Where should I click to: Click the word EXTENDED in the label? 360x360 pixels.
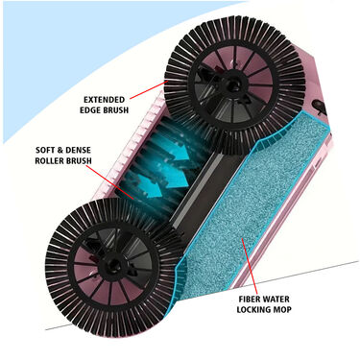[105, 100]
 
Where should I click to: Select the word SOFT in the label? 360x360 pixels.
[46, 150]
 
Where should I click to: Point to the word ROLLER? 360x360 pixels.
[49, 160]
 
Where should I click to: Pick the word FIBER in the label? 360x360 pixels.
[250, 300]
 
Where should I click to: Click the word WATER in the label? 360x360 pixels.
[276, 300]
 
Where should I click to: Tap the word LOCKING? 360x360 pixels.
[254, 310]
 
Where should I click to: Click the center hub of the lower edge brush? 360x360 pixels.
[111, 264]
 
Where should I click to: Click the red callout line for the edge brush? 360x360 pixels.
[149, 88]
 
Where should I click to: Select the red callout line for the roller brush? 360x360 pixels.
[109, 181]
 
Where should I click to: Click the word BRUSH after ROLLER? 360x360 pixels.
[79, 160]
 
